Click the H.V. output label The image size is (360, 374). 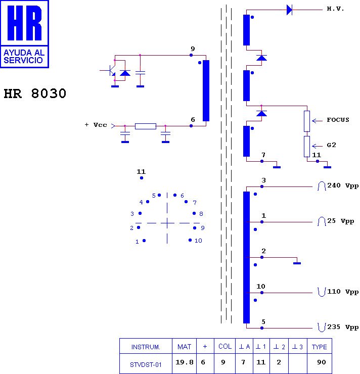[x=335, y=9]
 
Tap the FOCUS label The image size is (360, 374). [x=338, y=120]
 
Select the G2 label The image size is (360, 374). [x=331, y=145]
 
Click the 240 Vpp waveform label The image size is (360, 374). [x=343, y=185]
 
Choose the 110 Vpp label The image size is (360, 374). [x=343, y=292]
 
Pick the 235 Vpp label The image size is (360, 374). [x=343, y=327]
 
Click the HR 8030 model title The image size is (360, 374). [x=35, y=93]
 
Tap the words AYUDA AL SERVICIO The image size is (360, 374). [x=24, y=57]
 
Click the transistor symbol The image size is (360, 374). [x=111, y=70]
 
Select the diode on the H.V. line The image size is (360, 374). [x=289, y=10]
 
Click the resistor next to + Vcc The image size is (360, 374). [x=146, y=126]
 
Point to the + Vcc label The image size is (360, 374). [x=96, y=125]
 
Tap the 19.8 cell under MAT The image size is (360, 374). [x=184, y=362]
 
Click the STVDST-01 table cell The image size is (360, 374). [x=146, y=365]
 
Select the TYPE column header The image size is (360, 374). [x=320, y=347]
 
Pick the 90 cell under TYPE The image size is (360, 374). [x=322, y=362]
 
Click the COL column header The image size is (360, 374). [x=225, y=346]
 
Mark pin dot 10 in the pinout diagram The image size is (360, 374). [x=190, y=240]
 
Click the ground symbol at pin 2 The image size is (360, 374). [x=297, y=263]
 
